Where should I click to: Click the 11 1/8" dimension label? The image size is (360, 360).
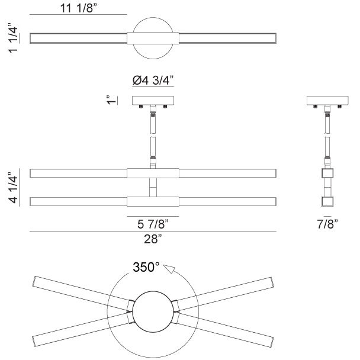[79, 8]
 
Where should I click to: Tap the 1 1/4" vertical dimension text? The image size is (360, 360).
[13, 38]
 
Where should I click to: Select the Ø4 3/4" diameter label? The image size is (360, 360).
[153, 81]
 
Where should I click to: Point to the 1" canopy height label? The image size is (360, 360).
[111, 100]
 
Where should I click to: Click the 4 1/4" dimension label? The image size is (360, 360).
[13, 187]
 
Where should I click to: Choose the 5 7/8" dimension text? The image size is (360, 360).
[153, 224]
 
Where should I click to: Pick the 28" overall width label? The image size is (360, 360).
[153, 239]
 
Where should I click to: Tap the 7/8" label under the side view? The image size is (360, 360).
[327, 224]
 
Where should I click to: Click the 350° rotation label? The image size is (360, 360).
[146, 267]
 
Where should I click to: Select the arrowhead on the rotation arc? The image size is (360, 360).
[169, 269]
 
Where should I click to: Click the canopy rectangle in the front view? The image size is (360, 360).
[153, 101]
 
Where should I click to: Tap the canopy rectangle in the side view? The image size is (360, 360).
[327, 101]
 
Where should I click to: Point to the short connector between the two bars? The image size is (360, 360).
[153, 187]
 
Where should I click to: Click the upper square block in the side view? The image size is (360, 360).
[327, 173]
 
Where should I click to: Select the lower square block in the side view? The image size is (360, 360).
[327, 201]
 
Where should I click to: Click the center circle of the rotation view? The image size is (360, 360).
[153, 312]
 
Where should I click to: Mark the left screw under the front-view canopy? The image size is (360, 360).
[141, 107]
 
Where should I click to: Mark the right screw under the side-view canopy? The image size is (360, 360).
[339, 107]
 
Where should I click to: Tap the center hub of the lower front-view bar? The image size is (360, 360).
[153, 201]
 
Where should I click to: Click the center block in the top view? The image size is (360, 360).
[153, 38]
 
